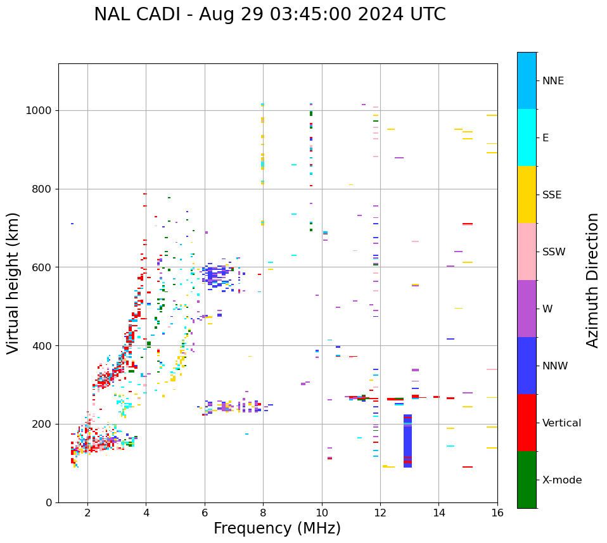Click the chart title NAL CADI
tap(269, 15)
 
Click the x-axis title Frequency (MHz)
tap(277, 528)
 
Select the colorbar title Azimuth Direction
tap(592, 280)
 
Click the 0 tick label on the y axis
tap(49, 502)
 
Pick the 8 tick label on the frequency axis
tap(263, 513)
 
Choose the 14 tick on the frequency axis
tap(438, 513)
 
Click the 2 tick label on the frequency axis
tap(87, 513)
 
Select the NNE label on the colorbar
tap(553, 81)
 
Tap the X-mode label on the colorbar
tap(562, 480)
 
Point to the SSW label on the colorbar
tap(554, 252)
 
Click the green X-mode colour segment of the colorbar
tap(527, 480)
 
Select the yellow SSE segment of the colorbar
tap(527, 195)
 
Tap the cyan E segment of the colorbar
tap(527, 137)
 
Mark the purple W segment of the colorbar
tap(527, 309)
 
